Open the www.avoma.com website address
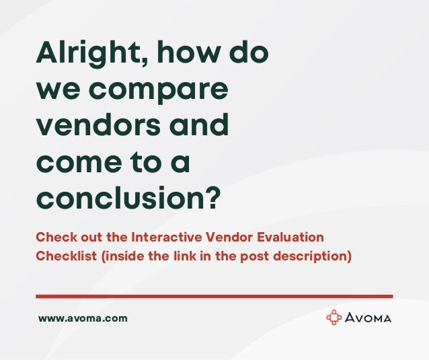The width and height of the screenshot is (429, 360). tap(83, 318)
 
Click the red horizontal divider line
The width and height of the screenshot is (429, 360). tap(214, 296)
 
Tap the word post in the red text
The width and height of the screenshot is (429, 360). tap(260, 256)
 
